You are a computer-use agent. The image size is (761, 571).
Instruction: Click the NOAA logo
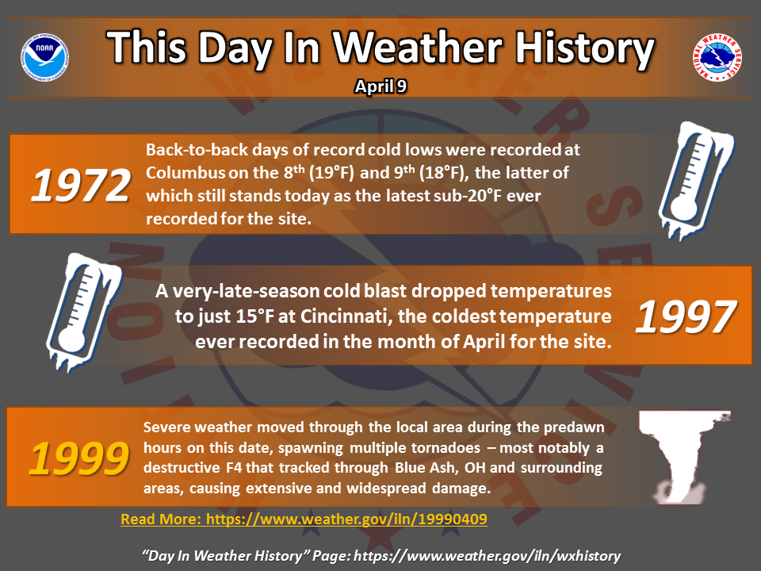tap(44, 57)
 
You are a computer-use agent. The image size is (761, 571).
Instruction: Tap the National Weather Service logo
tap(717, 57)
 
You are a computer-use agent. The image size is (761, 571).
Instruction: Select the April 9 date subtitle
tap(380, 86)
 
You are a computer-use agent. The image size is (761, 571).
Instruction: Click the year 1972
tap(81, 185)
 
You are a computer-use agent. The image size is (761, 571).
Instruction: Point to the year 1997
tap(686, 316)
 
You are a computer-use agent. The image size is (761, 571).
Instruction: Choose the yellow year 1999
tap(79, 459)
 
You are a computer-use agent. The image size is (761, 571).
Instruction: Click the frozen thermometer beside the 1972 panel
tap(696, 181)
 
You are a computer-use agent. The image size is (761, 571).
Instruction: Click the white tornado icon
tap(683, 458)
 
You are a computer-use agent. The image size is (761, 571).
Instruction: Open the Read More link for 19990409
tap(304, 519)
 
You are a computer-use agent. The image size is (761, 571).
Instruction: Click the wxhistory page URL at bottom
tap(488, 555)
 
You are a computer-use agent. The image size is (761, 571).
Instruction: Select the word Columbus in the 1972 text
tap(185, 172)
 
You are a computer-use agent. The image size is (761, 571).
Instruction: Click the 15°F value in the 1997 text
tap(254, 316)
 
